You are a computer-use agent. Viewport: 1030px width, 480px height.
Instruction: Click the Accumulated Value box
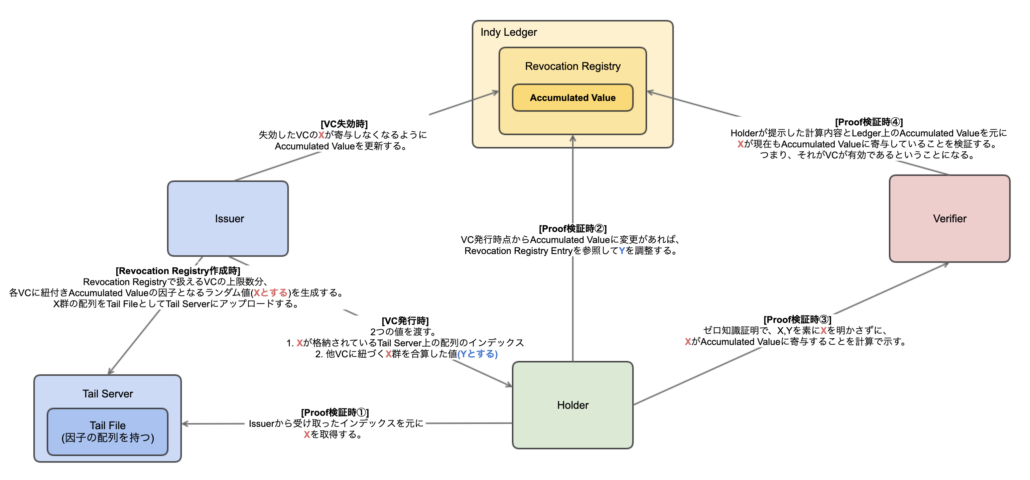pos(572,98)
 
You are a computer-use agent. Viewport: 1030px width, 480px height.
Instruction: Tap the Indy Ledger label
pos(509,32)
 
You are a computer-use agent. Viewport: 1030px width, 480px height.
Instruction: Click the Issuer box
pos(228,218)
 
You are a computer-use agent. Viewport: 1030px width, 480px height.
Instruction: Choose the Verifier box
pos(950,218)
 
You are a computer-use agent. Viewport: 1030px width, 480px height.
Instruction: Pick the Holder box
pos(572,405)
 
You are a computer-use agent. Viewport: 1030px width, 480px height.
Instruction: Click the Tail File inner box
pos(108,432)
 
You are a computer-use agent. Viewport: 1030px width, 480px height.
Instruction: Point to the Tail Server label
pos(108,394)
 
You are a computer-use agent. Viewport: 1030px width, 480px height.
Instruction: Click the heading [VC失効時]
pos(344,124)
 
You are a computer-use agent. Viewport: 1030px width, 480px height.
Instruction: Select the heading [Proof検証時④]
pos(869,122)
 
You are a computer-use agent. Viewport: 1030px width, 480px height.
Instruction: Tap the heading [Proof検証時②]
pos(572,228)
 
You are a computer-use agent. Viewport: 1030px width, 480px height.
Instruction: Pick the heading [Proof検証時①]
pos(335,412)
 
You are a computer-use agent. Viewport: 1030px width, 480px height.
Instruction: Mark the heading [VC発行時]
pos(405,321)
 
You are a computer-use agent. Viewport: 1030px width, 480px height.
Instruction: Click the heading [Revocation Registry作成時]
pos(178,271)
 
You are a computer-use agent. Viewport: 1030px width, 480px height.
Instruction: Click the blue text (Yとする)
pos(478,354)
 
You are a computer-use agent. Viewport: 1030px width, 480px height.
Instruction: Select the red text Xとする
pos(271,293)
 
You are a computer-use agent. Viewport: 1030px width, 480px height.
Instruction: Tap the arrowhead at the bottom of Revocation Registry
pos(572,138)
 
